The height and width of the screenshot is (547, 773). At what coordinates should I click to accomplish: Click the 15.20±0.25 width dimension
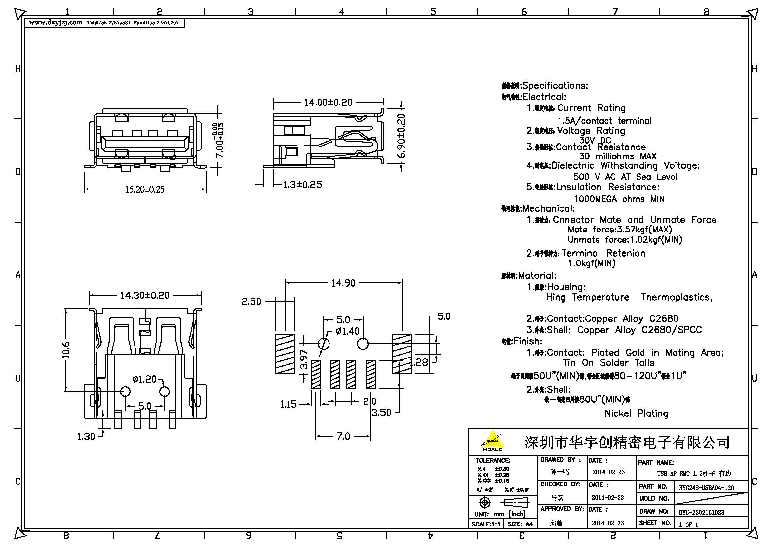point(145,189)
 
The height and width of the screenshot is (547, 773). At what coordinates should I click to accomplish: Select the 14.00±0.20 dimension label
point(328,103)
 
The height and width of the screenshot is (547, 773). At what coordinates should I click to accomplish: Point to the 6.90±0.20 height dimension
point(401,136)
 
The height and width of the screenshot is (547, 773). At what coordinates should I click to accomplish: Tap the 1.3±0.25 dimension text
point(302,185)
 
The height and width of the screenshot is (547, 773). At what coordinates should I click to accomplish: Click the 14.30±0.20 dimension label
point(145,295)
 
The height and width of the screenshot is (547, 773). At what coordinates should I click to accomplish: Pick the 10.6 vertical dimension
point(66,350)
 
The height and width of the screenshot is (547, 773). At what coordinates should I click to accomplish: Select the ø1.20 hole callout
point(144,379)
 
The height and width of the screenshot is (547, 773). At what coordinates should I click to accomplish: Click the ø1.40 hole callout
point(348,331)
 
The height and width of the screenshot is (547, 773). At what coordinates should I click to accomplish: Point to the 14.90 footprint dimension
point(343,283)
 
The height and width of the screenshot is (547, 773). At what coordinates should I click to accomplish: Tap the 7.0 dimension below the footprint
point(343,436)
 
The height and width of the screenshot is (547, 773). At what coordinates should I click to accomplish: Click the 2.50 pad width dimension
point(251,302)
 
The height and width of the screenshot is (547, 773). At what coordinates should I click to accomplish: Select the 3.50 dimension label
point(381,413)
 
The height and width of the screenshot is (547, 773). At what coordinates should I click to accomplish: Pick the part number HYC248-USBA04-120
point(706,488)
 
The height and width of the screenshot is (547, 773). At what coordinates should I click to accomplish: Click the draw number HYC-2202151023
point(701,512)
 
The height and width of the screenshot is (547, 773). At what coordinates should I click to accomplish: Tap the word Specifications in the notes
point(555,86)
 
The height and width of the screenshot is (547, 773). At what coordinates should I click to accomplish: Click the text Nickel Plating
point(636,414)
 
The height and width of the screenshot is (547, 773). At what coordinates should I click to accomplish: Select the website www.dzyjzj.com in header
point(56,22)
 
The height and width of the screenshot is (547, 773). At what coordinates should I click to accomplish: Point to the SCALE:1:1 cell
point(485,524)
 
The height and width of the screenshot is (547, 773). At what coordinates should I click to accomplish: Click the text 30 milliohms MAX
point(618,156)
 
